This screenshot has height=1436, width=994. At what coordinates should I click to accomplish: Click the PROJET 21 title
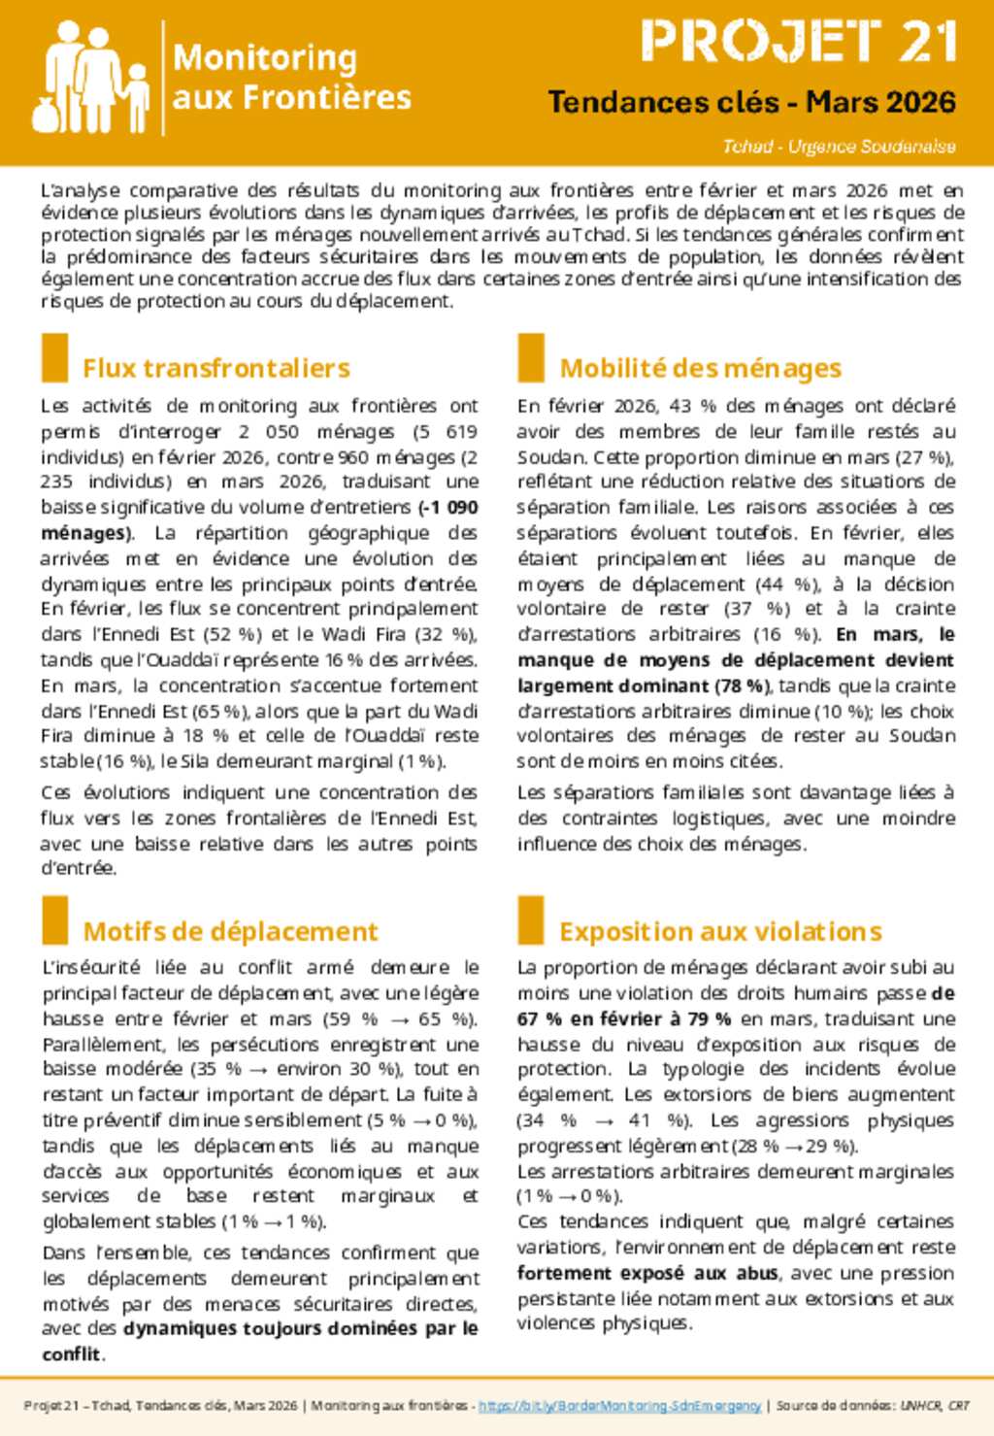(x=799, y=42)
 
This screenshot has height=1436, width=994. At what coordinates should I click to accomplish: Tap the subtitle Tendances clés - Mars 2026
(x=751, y=102)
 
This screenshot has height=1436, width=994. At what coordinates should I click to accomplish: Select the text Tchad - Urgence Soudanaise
(x=839, y=147)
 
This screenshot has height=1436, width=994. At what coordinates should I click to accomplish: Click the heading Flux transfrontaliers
(x=215, y=368)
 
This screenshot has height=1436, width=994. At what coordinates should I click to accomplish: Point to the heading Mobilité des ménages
(x=700, y=368)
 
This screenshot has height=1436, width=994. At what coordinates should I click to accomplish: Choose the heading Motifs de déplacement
(x=230, y=931)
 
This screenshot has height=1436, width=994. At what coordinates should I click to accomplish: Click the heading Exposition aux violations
(x=720, y=931)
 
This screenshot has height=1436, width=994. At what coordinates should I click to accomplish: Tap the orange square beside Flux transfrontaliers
(x=54, y=358)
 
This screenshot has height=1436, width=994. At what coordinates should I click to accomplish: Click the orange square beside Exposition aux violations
(x=530, y=920)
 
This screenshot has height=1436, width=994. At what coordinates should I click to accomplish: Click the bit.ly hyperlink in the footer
(x=620, y=1405)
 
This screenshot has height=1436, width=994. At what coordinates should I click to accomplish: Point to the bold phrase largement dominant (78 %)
(x=644, y=685)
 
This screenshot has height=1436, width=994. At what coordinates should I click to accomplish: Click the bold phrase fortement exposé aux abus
(x=647, y=1273)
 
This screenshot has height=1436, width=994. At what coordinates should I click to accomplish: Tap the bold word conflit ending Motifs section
(x=71, y=1354)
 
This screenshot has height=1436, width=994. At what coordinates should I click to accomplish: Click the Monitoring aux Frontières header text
(x=291, y=78)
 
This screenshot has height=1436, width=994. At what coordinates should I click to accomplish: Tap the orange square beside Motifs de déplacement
(x=54, y=920)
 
